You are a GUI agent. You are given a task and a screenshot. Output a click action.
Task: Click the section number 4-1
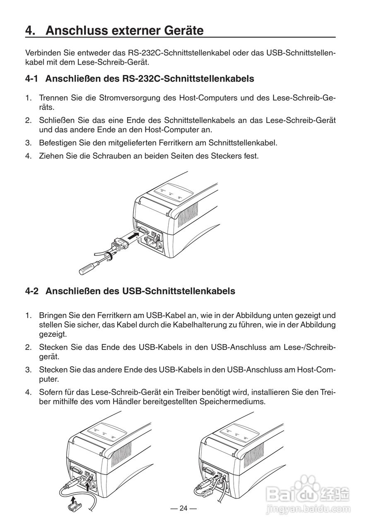pyautogui.click(x=32, y=78)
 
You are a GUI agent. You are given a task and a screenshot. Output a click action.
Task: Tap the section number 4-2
pyautogui.click(x=32, y=291)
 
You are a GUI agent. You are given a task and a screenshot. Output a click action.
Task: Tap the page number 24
pyautogui.click(x=183, y=508)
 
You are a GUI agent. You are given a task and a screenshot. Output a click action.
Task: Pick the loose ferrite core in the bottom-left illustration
pyautogui.click(x=75, y=506)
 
